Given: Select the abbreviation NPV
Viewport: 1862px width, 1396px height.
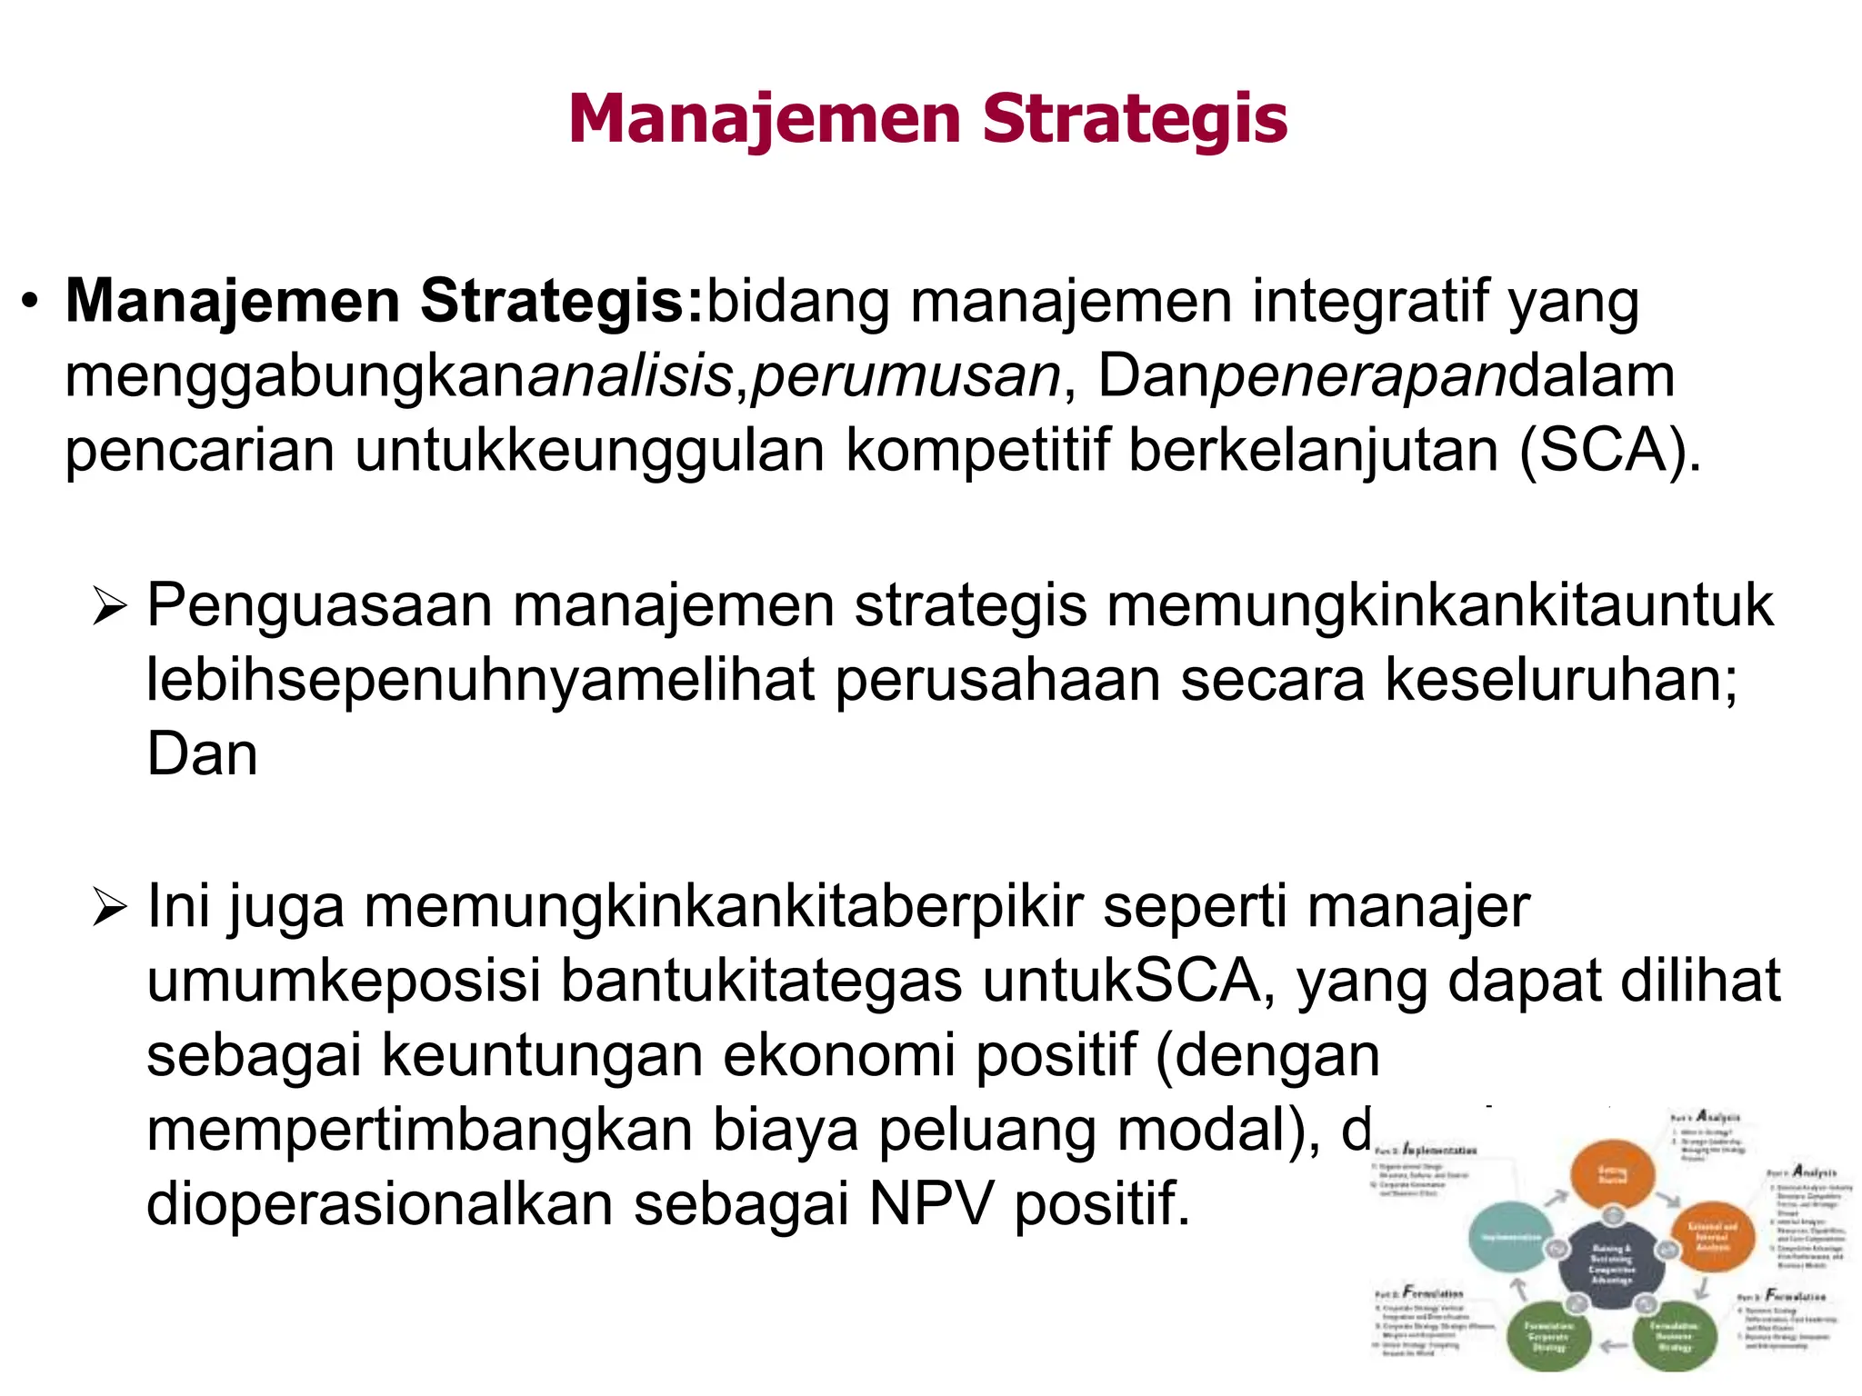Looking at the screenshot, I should click(x=931, y=1204).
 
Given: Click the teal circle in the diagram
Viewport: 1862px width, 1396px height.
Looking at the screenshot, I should click(x=1510, y=1237).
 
